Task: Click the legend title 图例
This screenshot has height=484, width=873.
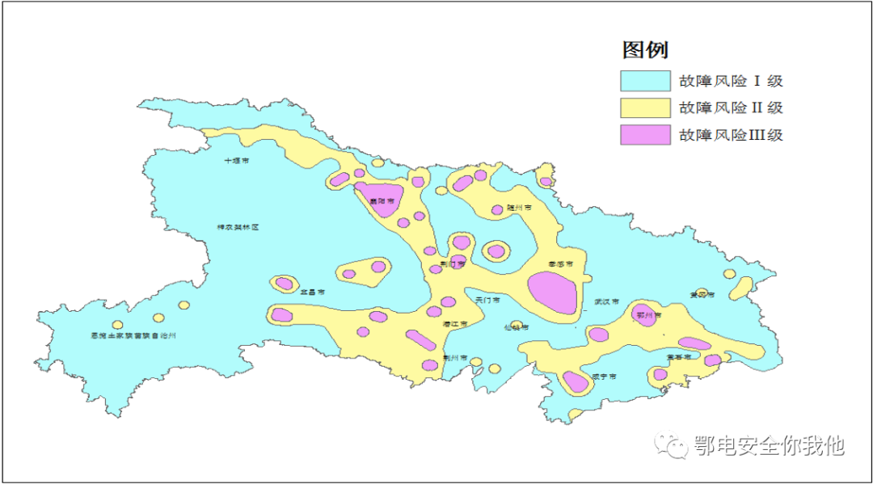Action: (x=644, y=50)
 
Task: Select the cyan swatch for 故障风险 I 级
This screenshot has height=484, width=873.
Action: (x=645, y=81)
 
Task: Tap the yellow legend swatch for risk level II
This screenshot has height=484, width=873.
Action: (x=645, y=107)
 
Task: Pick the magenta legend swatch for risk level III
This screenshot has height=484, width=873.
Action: (x=645, y=135)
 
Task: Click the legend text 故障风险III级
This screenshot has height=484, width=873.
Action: (x=731, y=135)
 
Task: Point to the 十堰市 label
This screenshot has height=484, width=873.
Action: (x=237, y=161)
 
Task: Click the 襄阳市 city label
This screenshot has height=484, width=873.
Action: (x=382, y=200)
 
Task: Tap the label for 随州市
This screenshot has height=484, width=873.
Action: (x=519, y=208)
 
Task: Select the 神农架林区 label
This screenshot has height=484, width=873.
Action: (x=237, y=228)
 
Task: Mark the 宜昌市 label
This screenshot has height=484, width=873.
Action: (x=312, y=292)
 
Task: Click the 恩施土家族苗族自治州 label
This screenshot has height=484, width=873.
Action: (x=133, y=335)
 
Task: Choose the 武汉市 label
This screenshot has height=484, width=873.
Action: (x=605, y=301)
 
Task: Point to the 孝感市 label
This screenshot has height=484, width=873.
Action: (x=560, y=264)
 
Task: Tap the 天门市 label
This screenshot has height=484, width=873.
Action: (x=487, y=300)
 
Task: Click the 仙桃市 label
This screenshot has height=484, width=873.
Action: (x=516, y=328)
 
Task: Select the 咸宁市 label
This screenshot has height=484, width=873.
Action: (x=603, y=377)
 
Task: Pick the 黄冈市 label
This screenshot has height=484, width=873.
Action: (x=702, y=295)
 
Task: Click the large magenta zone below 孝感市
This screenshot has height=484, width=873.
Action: (x=553, y=293)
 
